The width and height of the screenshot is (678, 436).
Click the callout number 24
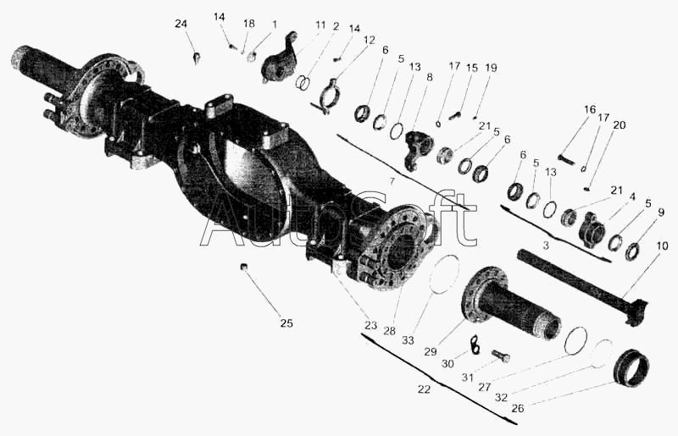181,24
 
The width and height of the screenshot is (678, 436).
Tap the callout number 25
286,323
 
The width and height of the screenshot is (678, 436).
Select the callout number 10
662,246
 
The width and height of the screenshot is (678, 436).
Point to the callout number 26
518,408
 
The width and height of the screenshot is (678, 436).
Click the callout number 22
425,389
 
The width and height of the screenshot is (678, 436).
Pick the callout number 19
491,68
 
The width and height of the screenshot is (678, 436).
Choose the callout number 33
408,340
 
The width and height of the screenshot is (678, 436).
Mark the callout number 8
429,77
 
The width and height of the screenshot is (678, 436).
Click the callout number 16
590,109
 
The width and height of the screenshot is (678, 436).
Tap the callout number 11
320,25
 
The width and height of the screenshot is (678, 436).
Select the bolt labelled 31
501,356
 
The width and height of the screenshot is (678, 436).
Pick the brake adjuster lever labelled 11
280,58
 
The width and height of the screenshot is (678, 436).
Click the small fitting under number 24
197,58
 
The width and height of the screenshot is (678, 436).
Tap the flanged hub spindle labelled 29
512,302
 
